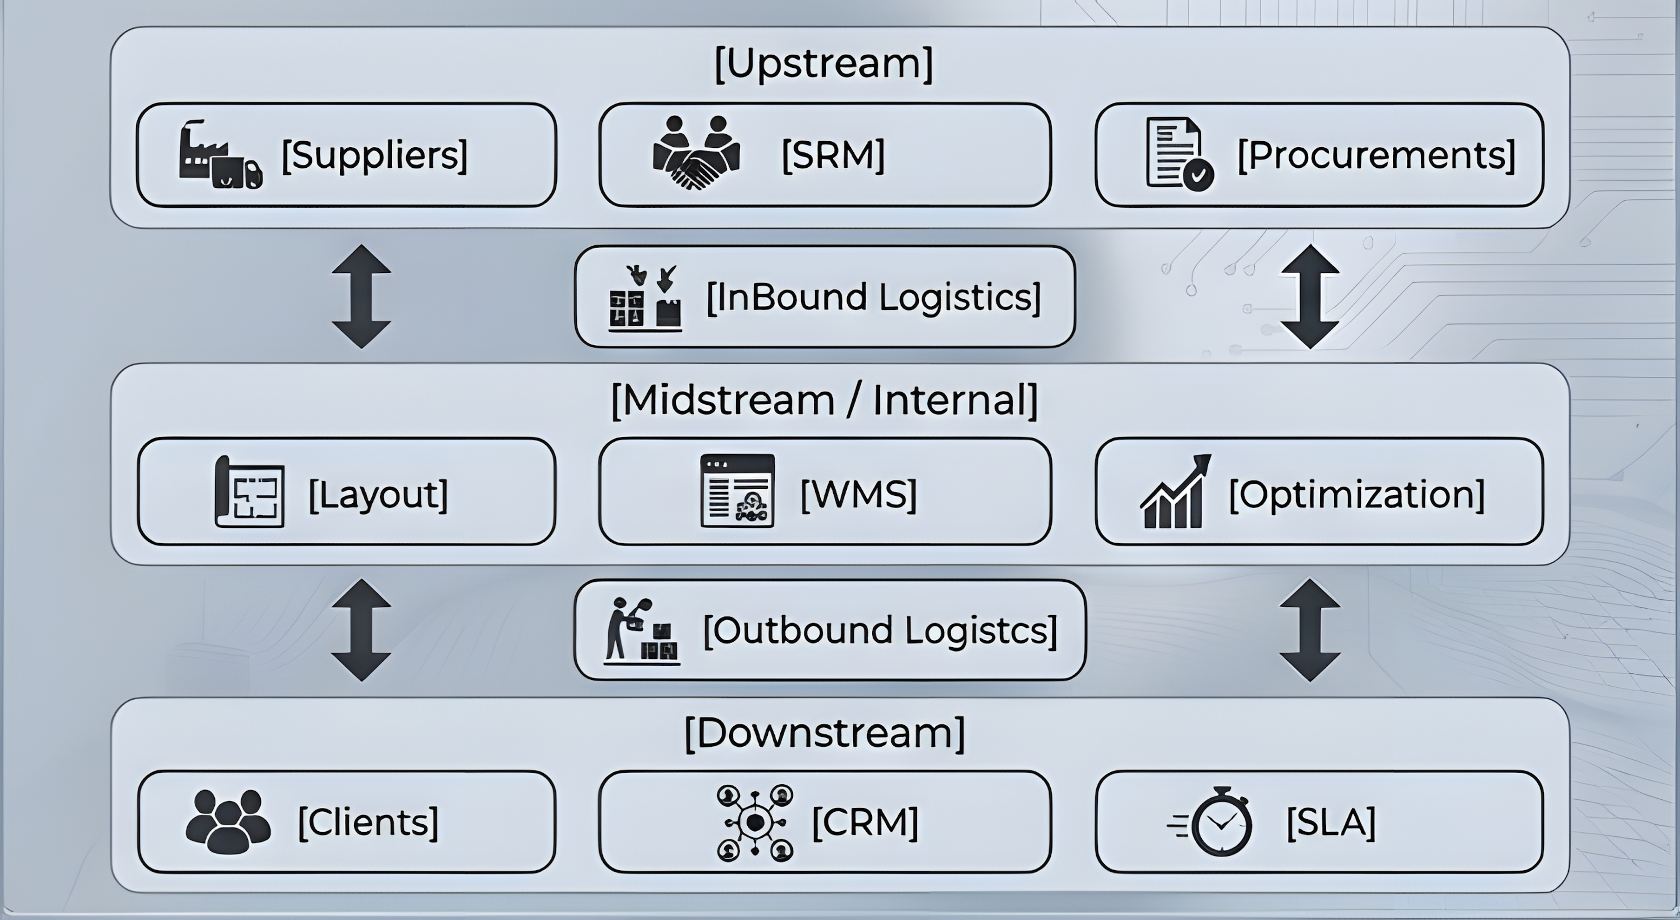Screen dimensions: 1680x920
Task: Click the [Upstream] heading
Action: [824, 63]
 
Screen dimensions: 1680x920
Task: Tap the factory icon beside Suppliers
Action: [220, 155]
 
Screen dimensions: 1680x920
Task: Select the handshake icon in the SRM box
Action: [697, 152]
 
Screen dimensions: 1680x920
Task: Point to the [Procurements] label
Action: [1376, 155]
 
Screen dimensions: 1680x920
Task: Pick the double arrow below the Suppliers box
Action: [361, 296]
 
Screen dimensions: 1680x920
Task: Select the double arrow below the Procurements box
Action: [1310, 296]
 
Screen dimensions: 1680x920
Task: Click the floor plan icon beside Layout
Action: [250, 491]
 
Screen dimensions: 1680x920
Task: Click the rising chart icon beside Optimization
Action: [1175, 491]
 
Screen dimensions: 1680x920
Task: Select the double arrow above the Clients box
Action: [361, 631]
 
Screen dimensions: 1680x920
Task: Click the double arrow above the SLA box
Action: [1310, 631]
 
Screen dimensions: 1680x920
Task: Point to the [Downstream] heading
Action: [824, 733]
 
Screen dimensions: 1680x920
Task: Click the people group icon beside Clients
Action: [228, 821]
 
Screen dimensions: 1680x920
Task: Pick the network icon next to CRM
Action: [755, 823]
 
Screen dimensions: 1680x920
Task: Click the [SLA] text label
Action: [1331, 822]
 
